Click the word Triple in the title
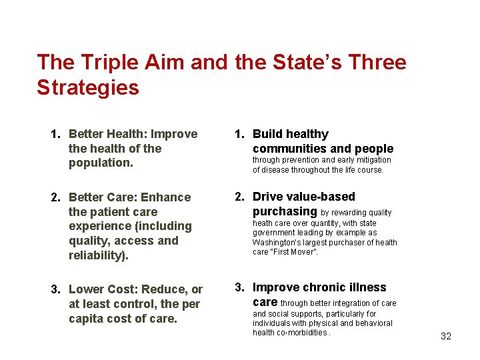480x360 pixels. click(101, 63)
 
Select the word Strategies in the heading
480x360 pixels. click(88, 88)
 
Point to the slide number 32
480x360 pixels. click(446, 336)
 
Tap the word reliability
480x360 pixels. click(99, 255)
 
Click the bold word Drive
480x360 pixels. click(268, 197)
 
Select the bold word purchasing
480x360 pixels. click(285, 211)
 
